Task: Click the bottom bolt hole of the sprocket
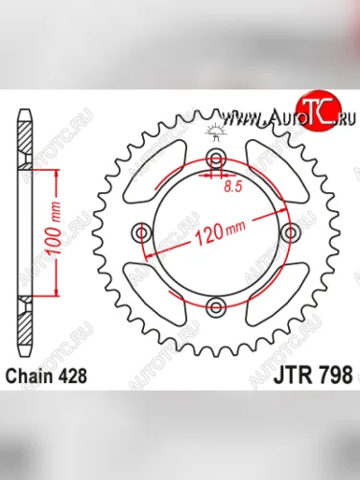click(217, 306)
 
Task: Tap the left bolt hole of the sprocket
click(144, 232)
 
